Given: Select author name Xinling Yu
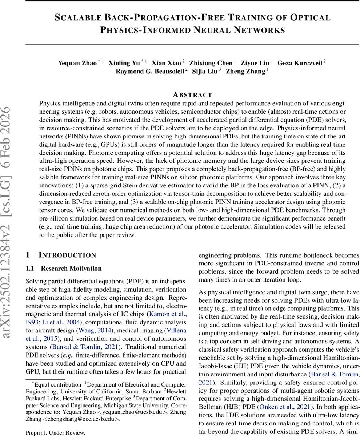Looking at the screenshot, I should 124,63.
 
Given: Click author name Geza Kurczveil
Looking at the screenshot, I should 300,63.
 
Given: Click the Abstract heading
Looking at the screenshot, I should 192,95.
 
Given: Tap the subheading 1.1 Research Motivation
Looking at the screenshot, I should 64,269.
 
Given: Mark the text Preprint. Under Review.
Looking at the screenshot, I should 55,432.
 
